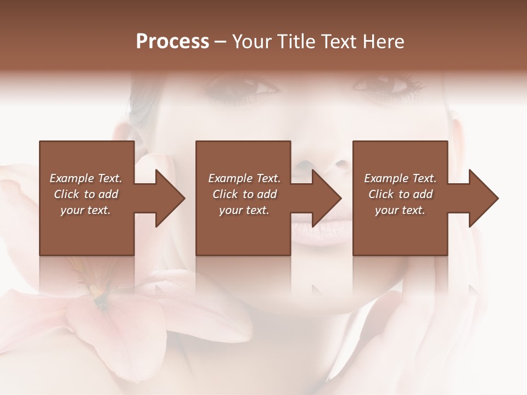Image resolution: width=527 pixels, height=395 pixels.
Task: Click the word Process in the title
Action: pos(172,42)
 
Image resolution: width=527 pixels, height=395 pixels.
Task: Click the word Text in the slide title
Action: pos(340,42)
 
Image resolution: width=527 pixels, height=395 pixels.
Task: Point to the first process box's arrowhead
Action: pos(167,198)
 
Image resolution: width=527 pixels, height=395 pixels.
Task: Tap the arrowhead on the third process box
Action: pos(481,198)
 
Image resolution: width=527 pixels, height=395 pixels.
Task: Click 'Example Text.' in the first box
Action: pos(86,178)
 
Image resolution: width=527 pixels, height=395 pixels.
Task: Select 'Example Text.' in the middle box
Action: pos(244,178)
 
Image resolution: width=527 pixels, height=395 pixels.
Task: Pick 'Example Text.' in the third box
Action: pos(400,178)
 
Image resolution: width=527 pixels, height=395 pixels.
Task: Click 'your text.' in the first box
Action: pos(86,210)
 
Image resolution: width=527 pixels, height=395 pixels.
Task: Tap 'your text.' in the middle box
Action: pos(244,210)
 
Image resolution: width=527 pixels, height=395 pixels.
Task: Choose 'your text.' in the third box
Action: pos(400,210)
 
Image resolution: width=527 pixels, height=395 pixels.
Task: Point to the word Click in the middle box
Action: pos(225,194)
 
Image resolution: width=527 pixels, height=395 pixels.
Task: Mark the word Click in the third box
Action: pos(381,194)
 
